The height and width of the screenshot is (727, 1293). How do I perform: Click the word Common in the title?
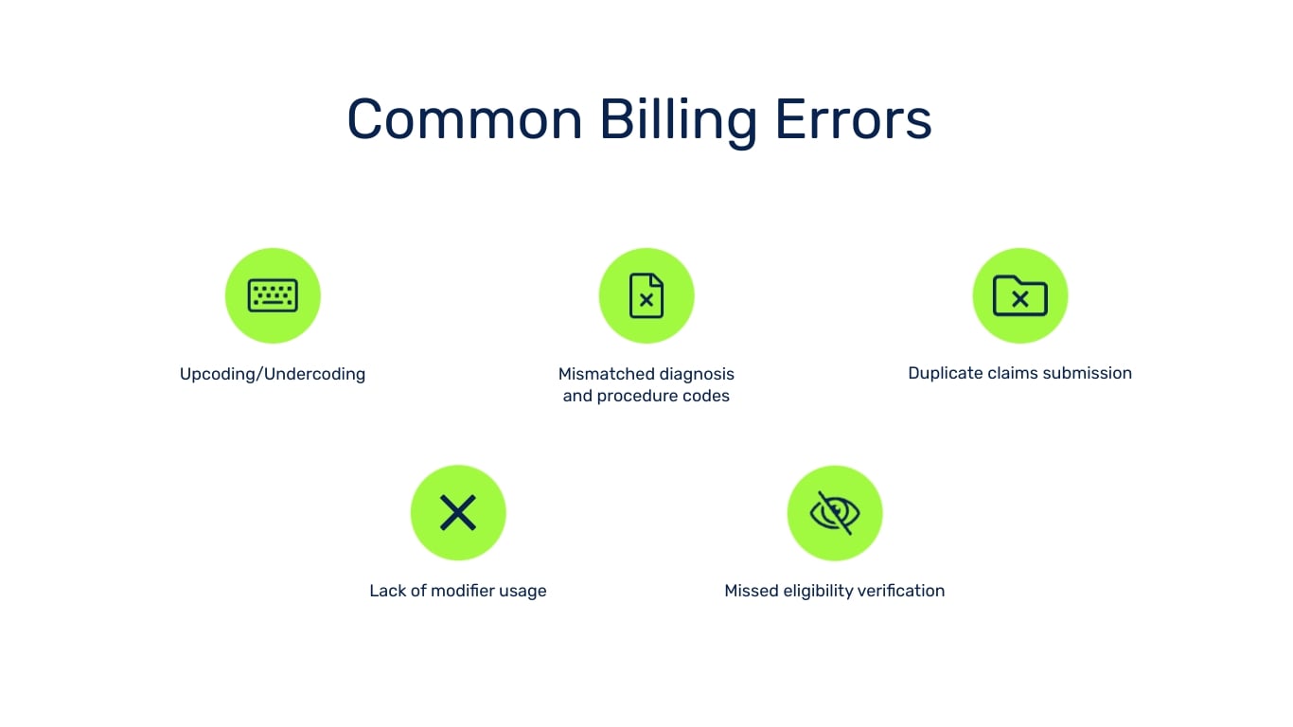pos(464,120)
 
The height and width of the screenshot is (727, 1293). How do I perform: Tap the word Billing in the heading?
pos(678,120)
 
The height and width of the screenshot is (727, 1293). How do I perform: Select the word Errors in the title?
pos(854,120)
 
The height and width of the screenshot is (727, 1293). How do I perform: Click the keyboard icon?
pos(273,295)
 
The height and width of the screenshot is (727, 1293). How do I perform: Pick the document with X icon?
pos(646,295)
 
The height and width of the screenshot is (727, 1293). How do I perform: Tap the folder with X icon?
pos(1019,295)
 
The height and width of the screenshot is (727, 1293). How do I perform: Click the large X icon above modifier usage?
pos(458,512)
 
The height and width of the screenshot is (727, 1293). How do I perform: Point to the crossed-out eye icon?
pos(835,512)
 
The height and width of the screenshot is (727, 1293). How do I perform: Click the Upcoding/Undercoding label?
pos(273,374)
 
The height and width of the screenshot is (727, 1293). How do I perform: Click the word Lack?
pos(387,591)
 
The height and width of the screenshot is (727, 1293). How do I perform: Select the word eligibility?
pos(817,591)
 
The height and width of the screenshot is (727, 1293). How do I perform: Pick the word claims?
pos(1009,373)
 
